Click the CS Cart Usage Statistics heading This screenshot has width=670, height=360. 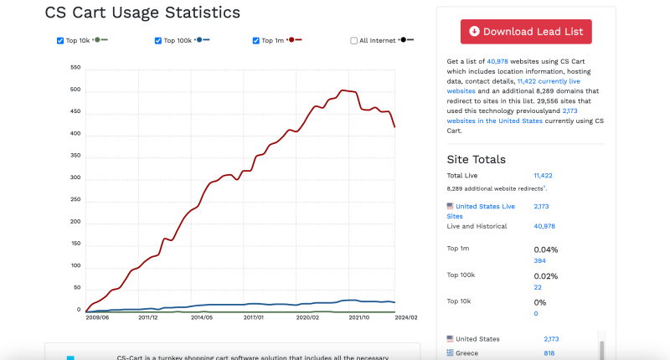pos(142,13)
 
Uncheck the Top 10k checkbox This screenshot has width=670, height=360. pos(60,40)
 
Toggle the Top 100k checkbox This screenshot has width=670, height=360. pos(158,40)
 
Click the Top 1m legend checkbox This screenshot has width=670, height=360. pos(256,40)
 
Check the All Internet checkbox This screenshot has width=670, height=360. pos(353,40)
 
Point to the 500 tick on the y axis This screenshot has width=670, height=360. pos(75,90)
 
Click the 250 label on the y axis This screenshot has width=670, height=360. pos(75,200)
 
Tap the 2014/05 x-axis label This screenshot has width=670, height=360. pos(201,317)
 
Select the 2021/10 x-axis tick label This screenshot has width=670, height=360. pos(360,317)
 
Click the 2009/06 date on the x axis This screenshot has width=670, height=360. pos(96,317)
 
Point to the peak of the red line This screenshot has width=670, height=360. pos(343,90)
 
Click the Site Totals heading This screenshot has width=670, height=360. pos(476,159)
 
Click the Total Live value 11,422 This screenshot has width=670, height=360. pos(543,176)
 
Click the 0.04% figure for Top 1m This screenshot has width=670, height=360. pos(545,249)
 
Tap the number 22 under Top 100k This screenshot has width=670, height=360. pos(538,287)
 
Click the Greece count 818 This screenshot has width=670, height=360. pos(549,353)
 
